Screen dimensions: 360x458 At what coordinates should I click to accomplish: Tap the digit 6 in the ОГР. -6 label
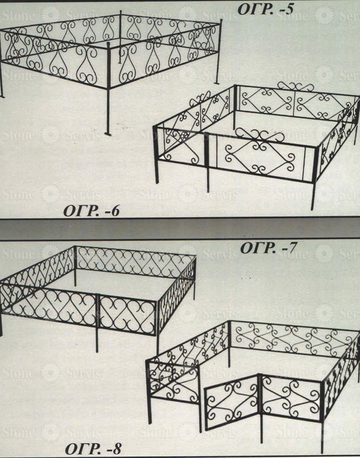[x=115, y=211]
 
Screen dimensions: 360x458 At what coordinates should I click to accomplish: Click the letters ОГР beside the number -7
[x=257, y=248]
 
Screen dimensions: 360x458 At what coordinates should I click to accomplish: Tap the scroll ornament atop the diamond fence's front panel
[x=260, y=135]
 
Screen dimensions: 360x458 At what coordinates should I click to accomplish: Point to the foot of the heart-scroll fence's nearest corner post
[x=108, y=134]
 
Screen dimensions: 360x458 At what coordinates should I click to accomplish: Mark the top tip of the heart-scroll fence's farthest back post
[x=120, y=12]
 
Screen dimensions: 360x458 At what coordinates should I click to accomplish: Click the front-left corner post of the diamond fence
[x=156, y=154]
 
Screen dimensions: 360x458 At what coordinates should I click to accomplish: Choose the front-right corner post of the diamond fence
[x=314, y=178]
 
